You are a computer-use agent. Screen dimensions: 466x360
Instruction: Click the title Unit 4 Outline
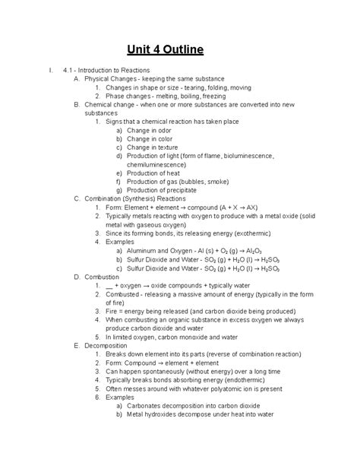180,52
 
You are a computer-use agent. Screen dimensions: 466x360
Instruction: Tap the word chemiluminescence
161,163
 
